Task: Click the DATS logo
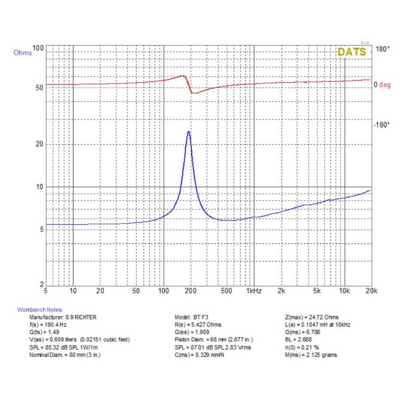click(351, 52)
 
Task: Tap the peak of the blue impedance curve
click(189, 132)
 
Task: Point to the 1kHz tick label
click(254, 291)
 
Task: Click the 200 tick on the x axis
click(191, 291)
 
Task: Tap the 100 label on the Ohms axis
click(38, 48)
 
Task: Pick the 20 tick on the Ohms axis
click(38, 144)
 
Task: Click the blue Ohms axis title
click(23, 53)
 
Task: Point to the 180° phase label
click(382, 49)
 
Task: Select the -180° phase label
click(381, 125)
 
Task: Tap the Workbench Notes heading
click(40, 310)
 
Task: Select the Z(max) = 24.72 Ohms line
click(311, 317)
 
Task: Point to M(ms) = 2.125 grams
click(311, 355)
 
